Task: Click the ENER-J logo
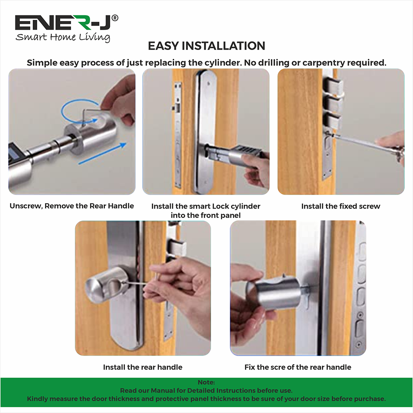66,23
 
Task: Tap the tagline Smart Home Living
63,37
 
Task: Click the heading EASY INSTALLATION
206,46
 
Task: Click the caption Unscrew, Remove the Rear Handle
72,206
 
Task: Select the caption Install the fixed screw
341,206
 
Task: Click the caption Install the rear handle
142,367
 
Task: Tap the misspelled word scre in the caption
282,367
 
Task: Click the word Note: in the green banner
206,383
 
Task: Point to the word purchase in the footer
370,399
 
